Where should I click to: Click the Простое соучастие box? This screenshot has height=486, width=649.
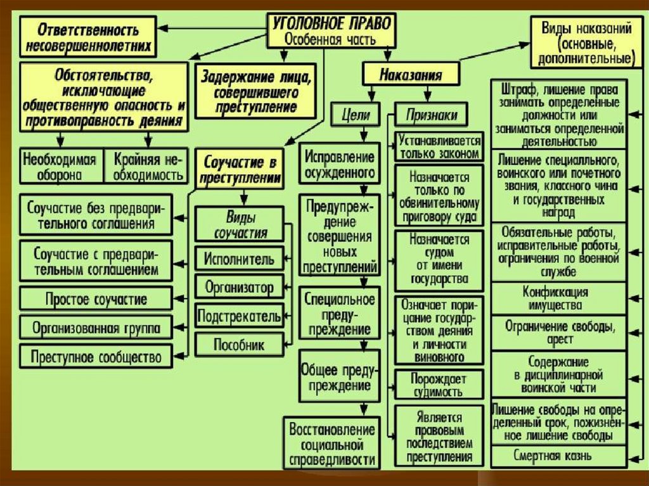click(96, 298)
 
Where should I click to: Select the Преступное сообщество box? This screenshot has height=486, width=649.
click(96, 356)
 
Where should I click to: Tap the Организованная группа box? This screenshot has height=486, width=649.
click(96, 328)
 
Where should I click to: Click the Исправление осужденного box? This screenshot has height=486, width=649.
click(339, 163)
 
